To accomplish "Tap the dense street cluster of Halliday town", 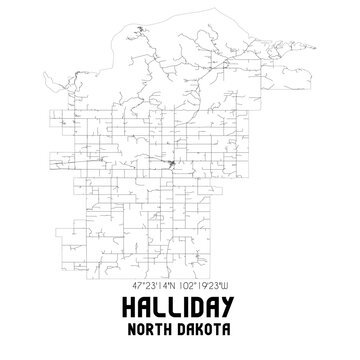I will pos(173,162).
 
